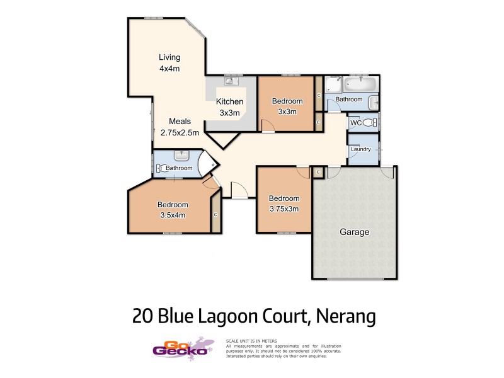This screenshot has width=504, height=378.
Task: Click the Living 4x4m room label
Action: pos(169,63)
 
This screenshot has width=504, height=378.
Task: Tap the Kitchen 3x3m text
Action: pos(229,107)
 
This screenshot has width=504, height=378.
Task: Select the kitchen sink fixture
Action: pos(231,81)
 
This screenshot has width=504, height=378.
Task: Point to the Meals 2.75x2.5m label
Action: pos(180,127)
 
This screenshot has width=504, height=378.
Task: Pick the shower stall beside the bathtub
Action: pos(333,85)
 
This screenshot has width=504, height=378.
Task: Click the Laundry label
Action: pos(362,149)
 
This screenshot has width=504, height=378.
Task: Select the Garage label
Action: pos(354,232)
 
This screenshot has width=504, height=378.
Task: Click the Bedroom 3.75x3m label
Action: pos(283,203)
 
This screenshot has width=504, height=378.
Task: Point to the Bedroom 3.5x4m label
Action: pos(173,210)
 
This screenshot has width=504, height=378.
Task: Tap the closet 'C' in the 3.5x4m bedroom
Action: pos(215,215)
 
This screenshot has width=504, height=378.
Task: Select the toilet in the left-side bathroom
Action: pos(161,168)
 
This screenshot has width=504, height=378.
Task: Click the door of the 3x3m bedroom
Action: pos(268,128)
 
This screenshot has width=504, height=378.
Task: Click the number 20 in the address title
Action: pos(142,316)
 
